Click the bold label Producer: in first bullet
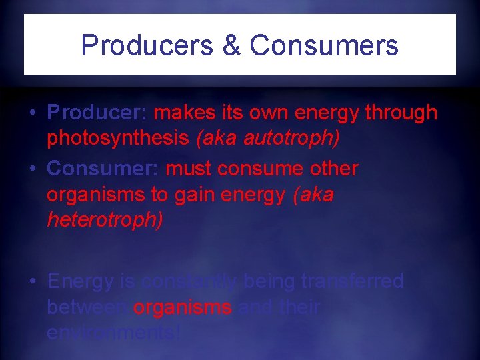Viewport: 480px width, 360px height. click(98, 113)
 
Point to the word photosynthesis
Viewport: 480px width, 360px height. click(117, 138)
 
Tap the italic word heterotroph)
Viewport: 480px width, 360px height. click(104, 220)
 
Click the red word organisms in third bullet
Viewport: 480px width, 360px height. click(183, 307)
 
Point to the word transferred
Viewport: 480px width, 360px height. click(353, 281)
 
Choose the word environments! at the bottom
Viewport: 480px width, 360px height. click(114, 333)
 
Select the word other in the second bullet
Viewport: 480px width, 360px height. click(333, 169)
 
